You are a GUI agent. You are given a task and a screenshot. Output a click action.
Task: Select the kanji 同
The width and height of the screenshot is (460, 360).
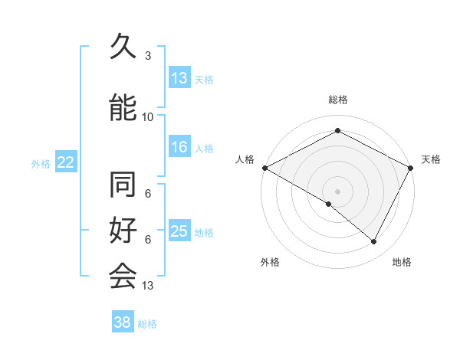(123, 186)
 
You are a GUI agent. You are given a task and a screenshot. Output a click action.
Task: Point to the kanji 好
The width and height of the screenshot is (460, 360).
(123, 231)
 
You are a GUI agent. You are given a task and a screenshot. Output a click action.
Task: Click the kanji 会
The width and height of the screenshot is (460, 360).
(123, 275)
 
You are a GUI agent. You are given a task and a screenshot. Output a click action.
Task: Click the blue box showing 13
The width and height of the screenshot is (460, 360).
(179, 78)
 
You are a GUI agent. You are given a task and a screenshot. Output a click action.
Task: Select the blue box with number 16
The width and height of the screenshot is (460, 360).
(179, 147)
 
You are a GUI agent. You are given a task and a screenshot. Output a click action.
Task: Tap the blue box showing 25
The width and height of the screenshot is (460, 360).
(179, 231)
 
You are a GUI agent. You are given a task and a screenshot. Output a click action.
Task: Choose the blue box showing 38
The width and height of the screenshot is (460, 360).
(123, 322)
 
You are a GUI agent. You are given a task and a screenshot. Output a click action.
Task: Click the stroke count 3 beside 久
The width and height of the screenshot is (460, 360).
(148, 55)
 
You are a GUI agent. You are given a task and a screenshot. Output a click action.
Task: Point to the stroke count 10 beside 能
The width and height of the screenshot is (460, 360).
(148, 116)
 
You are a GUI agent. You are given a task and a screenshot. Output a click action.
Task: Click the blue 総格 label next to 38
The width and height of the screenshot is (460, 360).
(147, 324)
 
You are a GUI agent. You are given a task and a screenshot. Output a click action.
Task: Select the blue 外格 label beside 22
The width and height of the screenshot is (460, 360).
(41, 163)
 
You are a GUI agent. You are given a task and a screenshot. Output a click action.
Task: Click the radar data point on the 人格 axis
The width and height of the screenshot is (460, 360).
(264, 168)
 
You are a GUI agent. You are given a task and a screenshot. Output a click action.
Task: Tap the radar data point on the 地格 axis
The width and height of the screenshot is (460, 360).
(374, 242)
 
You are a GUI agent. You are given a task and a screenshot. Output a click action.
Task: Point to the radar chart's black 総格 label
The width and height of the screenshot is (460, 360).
(338, 100)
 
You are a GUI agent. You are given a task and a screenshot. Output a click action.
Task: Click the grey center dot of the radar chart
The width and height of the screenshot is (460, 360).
(338, 191)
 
